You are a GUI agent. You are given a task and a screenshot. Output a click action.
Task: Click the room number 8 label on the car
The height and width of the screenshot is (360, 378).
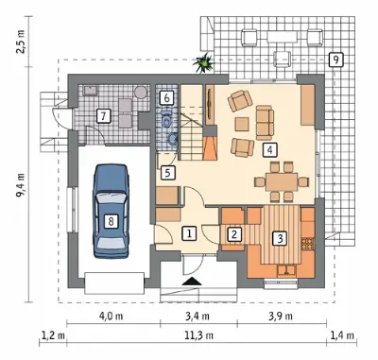pos(111,220)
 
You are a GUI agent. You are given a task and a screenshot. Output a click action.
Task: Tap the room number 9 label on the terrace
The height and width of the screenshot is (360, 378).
pos(335,60)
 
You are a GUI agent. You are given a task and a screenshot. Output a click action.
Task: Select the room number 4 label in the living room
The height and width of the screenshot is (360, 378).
pos(269,149)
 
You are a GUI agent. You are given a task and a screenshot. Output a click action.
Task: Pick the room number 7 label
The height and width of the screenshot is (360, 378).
pos(103,116)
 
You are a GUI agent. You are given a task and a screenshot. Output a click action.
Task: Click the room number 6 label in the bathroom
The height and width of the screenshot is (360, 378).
pos(167,97)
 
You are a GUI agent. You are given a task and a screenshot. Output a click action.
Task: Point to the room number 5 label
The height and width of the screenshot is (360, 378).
pos(167,173)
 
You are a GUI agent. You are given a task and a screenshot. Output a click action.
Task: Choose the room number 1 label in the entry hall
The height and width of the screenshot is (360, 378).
pos(189,233)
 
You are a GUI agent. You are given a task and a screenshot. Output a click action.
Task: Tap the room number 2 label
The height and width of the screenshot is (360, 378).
pos(234,234)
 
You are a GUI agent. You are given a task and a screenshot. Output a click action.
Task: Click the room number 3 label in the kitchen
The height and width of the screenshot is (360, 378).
pos(280,238)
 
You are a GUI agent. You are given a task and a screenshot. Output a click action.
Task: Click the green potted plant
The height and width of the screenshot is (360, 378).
pos(203,63)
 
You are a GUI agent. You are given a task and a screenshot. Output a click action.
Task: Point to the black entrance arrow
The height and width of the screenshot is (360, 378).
pos(192,281)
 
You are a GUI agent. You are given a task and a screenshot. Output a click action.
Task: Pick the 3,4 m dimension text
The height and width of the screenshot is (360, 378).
pos(198,317)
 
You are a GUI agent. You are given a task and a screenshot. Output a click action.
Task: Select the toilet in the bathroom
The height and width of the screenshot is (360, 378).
pos(166,118)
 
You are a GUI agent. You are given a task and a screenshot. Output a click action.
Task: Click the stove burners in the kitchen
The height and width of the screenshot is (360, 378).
pos(308,244)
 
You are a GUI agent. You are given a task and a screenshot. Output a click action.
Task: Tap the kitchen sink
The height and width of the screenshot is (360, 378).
pos(286,270)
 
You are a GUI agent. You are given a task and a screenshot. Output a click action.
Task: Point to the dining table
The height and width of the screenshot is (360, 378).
pos(282,181)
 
